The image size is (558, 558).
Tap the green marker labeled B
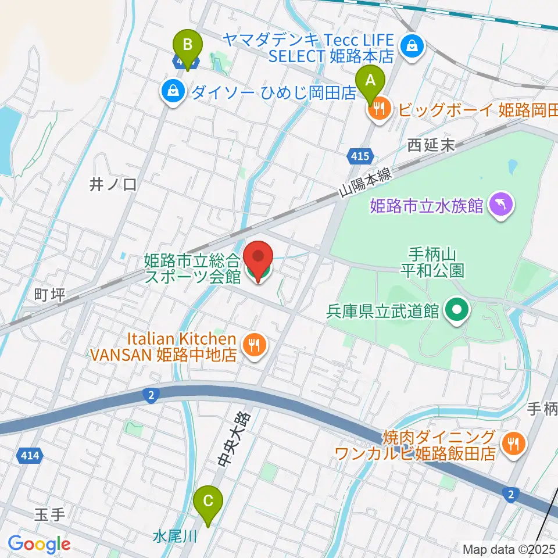pyautogui.click(x=187, y=46)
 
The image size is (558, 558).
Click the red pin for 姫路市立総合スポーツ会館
pyautogui.click(x=257, y=260)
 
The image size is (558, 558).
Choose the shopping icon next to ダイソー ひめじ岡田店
pyautogui.click(x=173, y=90)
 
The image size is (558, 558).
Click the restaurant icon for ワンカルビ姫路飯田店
pyautogui.click(x=513, y=445)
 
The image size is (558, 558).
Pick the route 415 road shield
pyautogui.click(x=359, y=155)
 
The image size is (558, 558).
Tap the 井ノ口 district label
pyautogui.click(x=113, y=185)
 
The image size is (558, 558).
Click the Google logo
pyautogui.click(x=39, y=544)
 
